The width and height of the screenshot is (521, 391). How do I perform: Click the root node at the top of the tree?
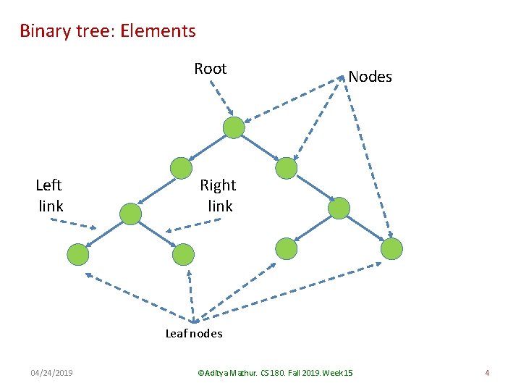point(234,128)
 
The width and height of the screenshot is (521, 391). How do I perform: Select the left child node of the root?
point(181,168)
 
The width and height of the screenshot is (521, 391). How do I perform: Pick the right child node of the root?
point(287,168)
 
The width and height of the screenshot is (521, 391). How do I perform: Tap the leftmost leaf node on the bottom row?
point(78,255)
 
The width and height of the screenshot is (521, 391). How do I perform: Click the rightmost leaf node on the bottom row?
point(391,249)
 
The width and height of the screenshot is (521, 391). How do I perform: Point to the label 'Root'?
point(210,69)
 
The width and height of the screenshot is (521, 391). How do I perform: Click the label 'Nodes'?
point(370,77)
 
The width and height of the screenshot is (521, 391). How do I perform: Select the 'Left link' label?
point(49,195)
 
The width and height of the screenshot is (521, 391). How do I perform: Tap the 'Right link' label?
point(219,195)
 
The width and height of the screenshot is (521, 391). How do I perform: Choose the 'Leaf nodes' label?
point(194,334)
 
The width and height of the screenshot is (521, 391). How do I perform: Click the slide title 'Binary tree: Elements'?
point(108,31)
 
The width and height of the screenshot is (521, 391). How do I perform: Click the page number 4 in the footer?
point(487,373)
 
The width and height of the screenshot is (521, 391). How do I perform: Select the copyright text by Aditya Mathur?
point(275,373)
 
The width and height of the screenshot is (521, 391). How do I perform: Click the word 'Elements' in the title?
point(158,31)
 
